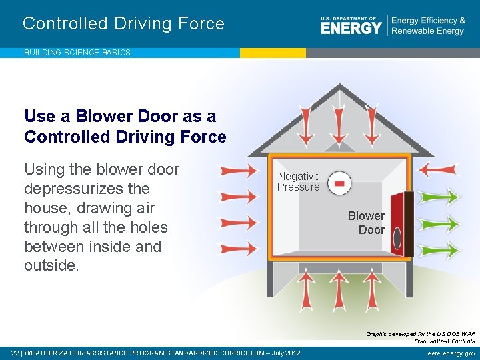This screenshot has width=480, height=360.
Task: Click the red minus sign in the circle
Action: point(340,182)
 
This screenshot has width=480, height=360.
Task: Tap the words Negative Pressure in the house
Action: point(298,181)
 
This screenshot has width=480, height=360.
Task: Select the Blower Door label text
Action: point(366,223)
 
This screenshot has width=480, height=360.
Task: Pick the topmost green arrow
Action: point(440,196)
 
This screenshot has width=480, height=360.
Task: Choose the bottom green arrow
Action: point(440,250)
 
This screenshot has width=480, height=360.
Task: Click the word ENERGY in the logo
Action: point(351,27)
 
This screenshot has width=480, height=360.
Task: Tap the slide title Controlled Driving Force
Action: point(123,24)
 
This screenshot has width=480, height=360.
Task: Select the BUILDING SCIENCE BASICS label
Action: point(77,52)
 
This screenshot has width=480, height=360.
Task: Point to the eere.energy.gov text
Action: point(451,353)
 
